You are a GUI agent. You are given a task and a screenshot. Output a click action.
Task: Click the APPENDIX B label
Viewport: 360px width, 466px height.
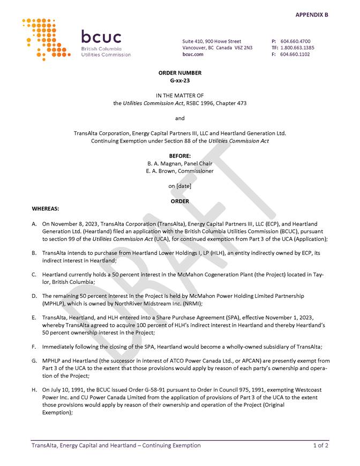(312, 14)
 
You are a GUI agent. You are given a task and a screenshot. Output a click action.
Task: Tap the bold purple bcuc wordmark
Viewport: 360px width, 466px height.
(101, 37)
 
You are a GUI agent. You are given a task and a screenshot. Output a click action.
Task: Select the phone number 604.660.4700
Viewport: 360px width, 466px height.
(295, 41)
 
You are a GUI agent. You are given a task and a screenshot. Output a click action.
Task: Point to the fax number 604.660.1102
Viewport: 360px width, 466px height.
(295, 54)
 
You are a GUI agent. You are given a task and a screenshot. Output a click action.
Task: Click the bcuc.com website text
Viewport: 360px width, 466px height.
(193, 54)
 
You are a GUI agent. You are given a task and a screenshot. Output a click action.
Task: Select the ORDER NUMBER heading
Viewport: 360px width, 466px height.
(180, 72)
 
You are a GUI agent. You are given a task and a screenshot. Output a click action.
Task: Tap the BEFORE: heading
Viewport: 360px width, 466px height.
(180, 156)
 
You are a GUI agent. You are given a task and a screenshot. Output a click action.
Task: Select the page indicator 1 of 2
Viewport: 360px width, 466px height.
(321, 445)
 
